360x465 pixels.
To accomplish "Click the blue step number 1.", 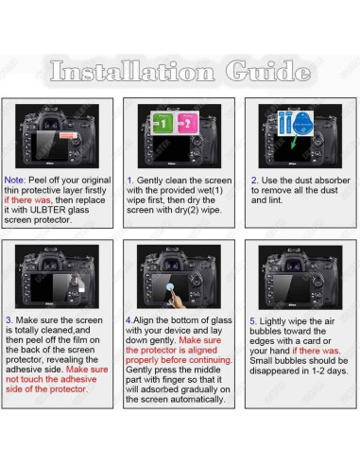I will coord(129,180).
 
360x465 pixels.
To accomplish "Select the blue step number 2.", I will coord(253,180).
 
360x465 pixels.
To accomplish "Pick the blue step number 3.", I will coord(8,321).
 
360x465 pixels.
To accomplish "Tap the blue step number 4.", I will coord(129,321).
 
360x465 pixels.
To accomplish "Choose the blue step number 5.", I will coord(252,321).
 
